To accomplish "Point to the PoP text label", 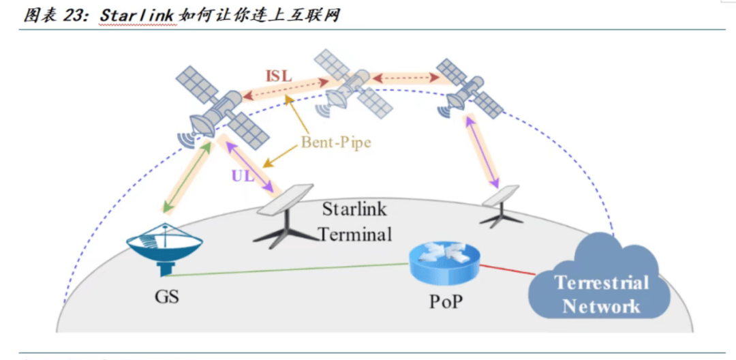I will pyautogui.click(x=445, y=301).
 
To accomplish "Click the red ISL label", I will pyautogui.click(x=279, y=76).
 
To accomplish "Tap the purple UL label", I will pyautogui.click(x=243, y=175).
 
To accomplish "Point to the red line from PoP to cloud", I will pyautogui.click(x=506, y=268).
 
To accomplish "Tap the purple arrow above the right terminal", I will pyautogui.click(x=482, y=151).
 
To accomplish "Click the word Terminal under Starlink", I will pyautogui.click(x=355, y=234).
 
